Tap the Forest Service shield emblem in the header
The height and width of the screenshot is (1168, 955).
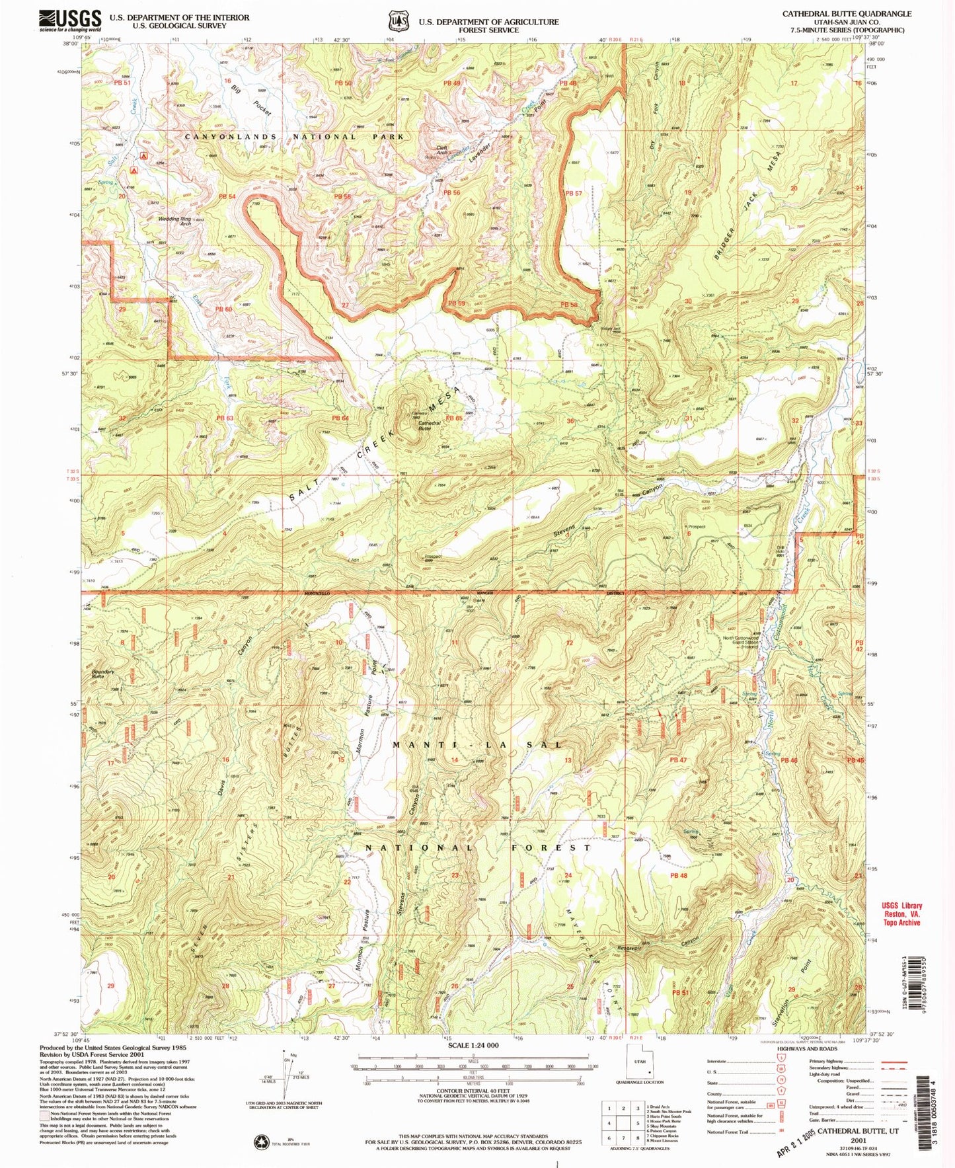399,21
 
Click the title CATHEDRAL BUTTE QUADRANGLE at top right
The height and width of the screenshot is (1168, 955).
847,13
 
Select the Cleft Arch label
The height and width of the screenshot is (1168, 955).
441,150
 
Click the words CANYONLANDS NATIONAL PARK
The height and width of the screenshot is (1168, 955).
293,137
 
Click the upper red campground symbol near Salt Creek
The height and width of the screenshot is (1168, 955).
143,157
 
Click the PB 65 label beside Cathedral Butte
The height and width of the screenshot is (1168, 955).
453,418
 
